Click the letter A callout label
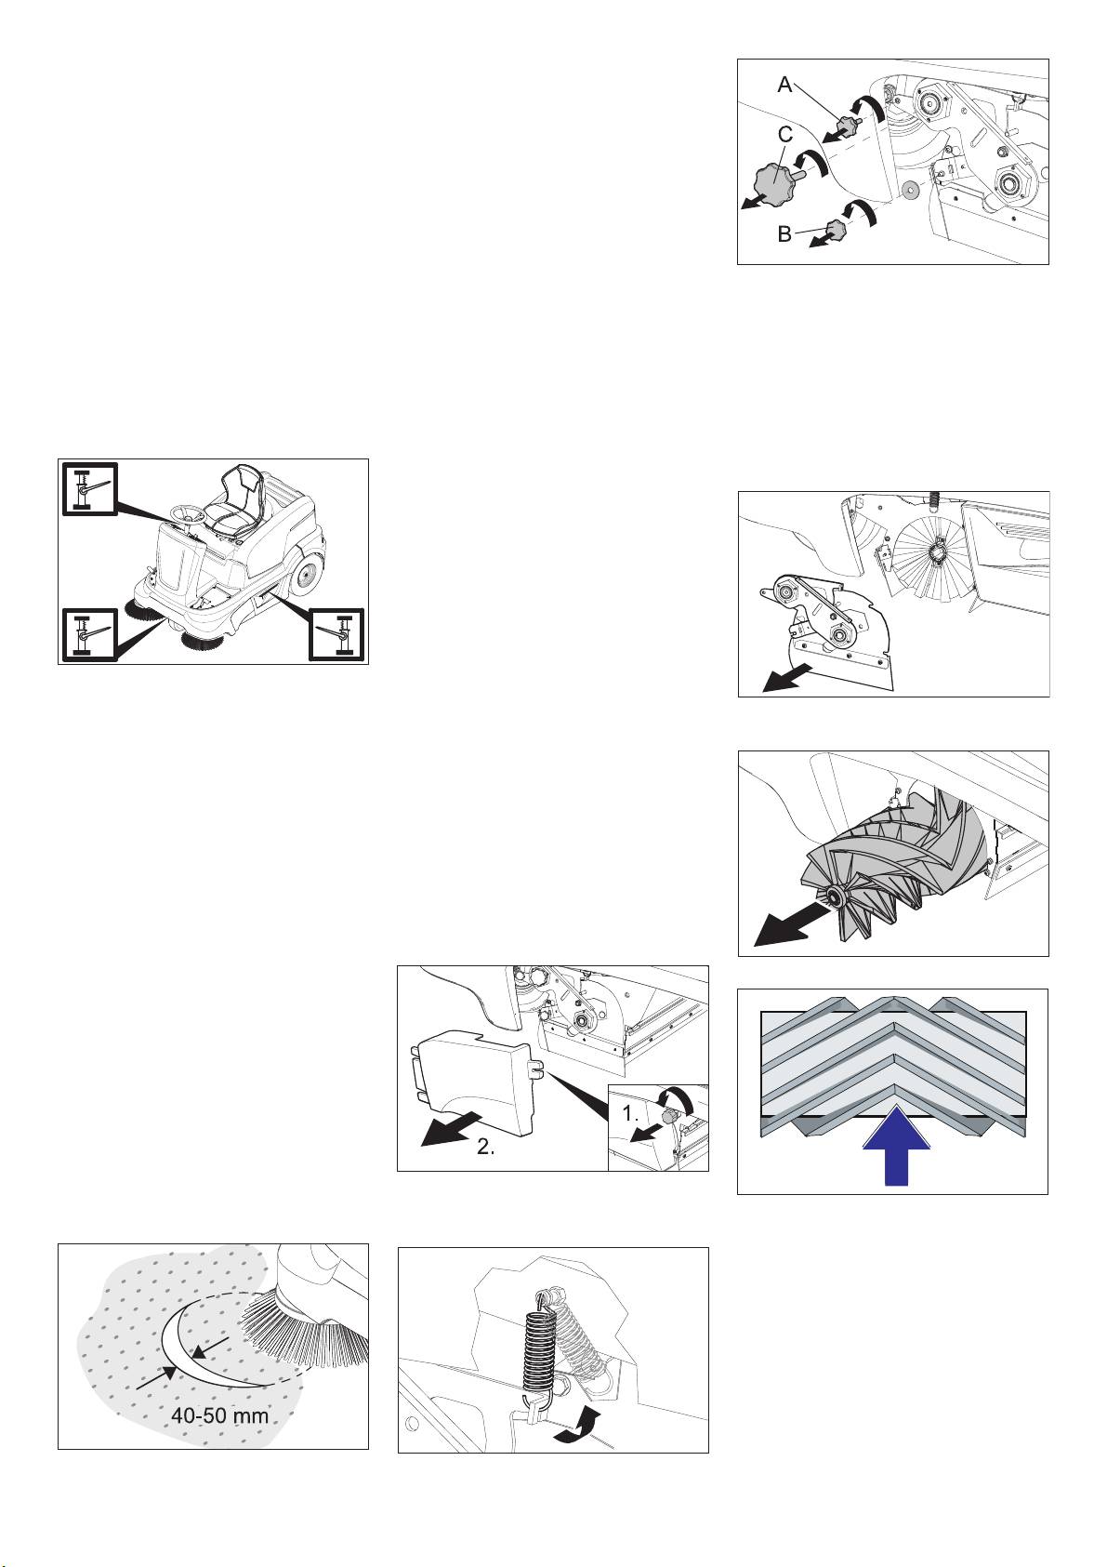click(785, 85)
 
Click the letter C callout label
click(785, 134)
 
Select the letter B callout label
click(784, 233)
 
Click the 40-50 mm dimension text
click(219, 1415)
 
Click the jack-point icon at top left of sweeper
click(89, 489)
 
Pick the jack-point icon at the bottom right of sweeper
click(337, 634)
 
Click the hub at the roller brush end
click(834, 896)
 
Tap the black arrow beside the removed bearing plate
click(787, 678)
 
